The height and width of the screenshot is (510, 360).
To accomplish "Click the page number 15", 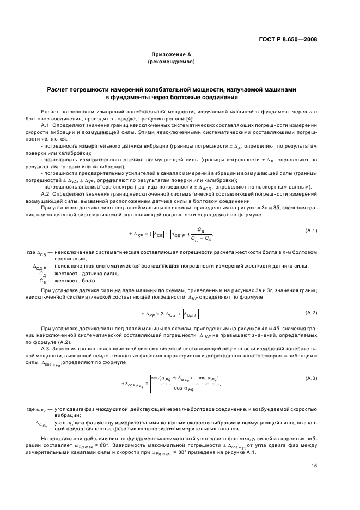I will (315, 465).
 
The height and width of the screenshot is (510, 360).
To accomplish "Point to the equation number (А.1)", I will (312, 231).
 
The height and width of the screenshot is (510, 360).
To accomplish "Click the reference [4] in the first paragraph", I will (189, 118).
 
